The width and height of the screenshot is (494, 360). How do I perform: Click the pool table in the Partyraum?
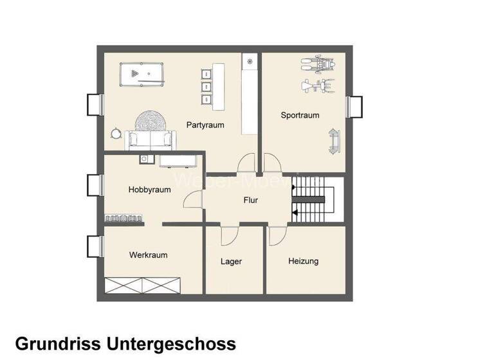click(x=143, y=75)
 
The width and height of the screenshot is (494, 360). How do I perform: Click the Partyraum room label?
click(x=205, y=125)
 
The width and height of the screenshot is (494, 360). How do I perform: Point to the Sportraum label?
click(x=300, y=116)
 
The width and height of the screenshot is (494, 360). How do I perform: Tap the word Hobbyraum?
click(x=149, y=190)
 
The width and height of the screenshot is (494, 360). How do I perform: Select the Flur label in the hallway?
click(x=250, y=201)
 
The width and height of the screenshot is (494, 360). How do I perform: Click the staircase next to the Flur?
click(x=314, y=201)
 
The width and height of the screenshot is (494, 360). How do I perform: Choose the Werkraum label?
click(x=148, y=255)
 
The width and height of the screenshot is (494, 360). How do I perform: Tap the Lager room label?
click(x=231, y=262)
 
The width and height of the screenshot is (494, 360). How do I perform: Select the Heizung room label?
click(x=303, y=261)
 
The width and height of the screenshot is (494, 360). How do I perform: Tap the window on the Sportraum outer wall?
click(x=353, y=105)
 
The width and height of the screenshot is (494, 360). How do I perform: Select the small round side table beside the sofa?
click(x=116, y=132)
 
